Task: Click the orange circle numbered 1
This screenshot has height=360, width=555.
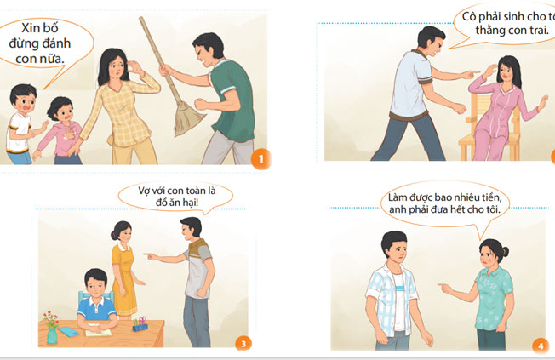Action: point(261,159)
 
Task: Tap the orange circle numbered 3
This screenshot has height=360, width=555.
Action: point(243,344)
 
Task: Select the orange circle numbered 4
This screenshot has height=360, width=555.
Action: point(541,346)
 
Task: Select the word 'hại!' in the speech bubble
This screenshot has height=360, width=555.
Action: point(189,203)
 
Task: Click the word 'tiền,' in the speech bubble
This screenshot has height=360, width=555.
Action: point(489,197)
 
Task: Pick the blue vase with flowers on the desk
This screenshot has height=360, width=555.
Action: point(52,329)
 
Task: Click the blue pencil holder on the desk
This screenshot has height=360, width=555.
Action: point(140,324)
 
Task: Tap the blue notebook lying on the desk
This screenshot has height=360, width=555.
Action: point(68,331)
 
